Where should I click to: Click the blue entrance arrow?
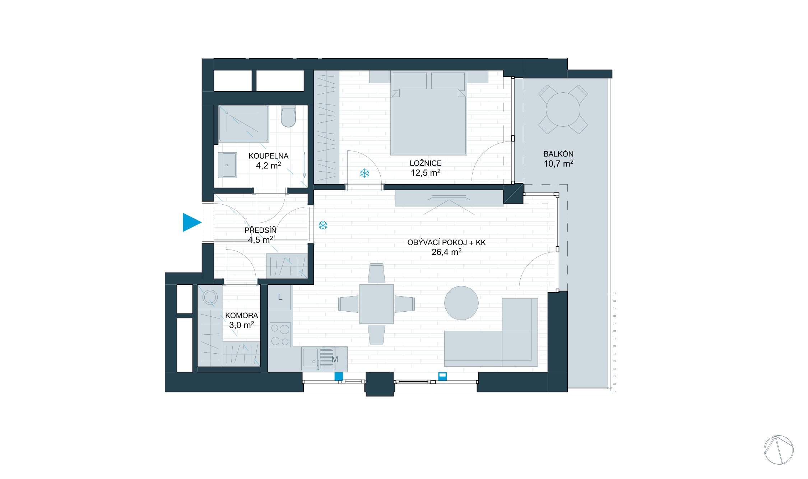(191, 222)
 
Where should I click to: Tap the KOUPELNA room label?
(268, 156)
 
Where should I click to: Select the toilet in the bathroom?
(288, 117)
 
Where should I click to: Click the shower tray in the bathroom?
(243, 124)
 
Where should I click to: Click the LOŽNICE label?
(425, 163)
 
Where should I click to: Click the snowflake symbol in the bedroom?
(364, 173)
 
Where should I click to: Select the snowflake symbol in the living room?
(323, 225)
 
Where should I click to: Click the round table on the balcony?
(563, 110)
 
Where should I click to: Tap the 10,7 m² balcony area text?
(558, 164)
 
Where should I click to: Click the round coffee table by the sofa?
(461, 303)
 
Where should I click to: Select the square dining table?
(376, 304)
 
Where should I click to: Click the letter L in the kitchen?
(280, 297)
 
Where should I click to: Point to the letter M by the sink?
(335, 359)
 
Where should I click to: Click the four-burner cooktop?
(280, 335)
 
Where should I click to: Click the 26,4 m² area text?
(446, 252)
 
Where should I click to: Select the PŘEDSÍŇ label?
(260, 230)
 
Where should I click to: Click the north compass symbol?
(778, 450)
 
